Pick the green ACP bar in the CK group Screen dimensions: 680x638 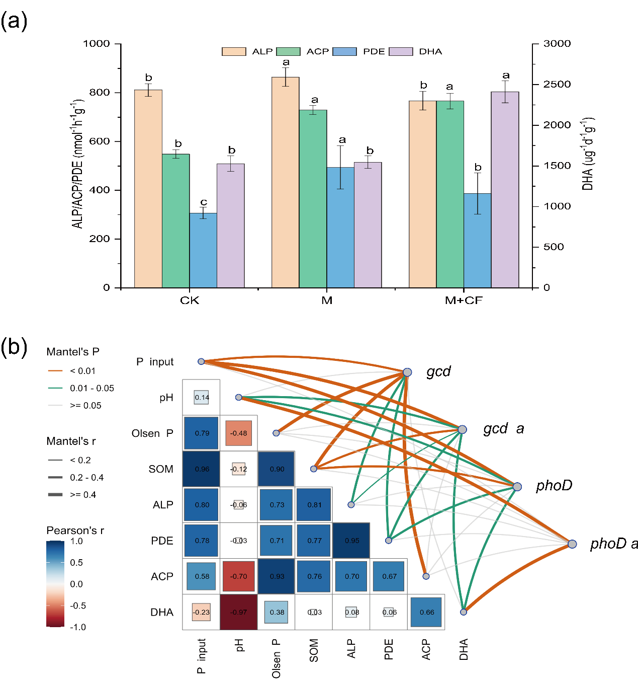click(x=175, y=221)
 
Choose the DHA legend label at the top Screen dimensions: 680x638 click(x=430, y=51)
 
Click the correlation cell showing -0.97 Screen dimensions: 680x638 click(x=239, y=612)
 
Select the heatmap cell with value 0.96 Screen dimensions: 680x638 click(x=202, y=469)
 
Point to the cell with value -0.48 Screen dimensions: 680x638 click(x=239, y=433)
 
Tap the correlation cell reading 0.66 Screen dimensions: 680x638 click(x=426, y=612)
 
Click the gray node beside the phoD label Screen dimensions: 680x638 click(x=517, y=487)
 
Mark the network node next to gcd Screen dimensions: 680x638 click(x=407, y=372)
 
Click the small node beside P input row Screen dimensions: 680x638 click(x=201, y=361)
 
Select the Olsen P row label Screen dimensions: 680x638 click(x=152, y=433)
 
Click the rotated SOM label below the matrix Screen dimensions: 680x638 click(x=314, y=650)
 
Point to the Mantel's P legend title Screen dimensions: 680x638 click(x=73, y=351)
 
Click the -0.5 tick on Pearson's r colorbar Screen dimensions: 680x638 click(x=77, y=606)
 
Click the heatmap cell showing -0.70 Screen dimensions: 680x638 click(x=239, y=576)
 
